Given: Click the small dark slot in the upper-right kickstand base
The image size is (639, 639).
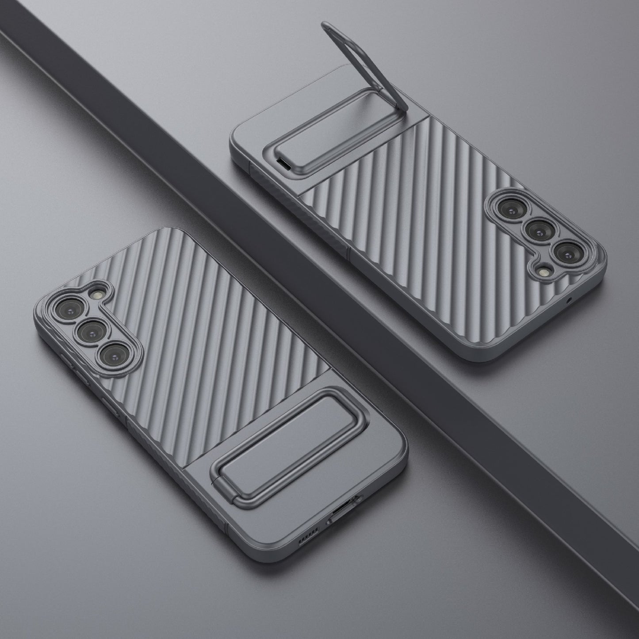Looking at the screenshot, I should (283, 164).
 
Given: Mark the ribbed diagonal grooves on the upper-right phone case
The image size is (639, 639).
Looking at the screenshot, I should (420, 212).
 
